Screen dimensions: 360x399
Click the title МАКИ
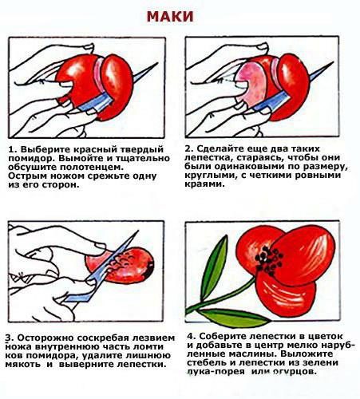pyautogui.click(x=170, y=17)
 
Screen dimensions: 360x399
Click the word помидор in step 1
pyautogui.click(x=30, y=159)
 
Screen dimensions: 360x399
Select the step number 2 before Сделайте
pyautogui.click(x=188, y=148)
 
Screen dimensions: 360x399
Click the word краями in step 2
pyautogui.click(x=203, y=184)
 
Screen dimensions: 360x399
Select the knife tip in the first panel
pyautogui.click(x=157, y=64)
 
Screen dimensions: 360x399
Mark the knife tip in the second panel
pyautogui.click(x=332, y=63)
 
